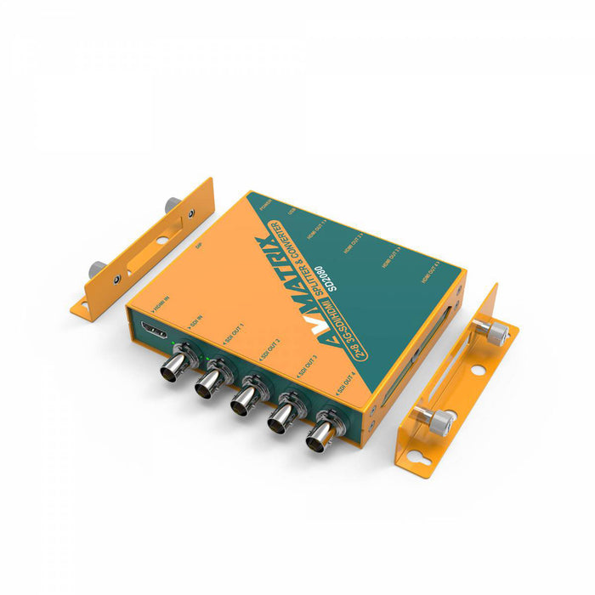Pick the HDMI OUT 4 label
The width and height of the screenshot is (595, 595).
point(428,273)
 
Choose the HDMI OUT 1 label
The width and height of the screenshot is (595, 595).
point(316,224)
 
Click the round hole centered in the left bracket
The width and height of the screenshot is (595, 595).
point(162,240)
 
